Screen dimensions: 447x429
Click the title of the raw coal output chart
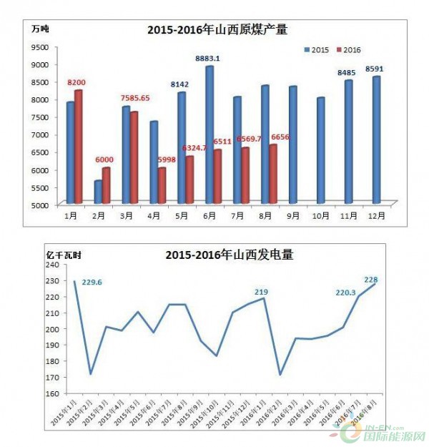[222, 29]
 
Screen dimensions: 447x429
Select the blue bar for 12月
[375, 139]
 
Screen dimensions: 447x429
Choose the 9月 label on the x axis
[292, 215]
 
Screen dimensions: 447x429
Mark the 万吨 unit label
[39, 29]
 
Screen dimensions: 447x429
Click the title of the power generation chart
[230, 254]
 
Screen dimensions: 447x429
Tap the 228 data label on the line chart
[372, 280]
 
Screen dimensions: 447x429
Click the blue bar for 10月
[320, 149]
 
